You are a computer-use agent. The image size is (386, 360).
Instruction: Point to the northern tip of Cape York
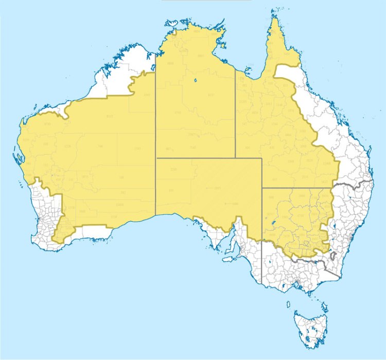[x=276, y=19]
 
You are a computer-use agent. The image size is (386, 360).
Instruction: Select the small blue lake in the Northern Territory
[x=196, y=80]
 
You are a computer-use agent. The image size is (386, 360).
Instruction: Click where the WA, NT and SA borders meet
[x=156, y=158]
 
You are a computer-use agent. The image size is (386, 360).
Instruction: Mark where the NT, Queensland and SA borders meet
[x=235, y=158]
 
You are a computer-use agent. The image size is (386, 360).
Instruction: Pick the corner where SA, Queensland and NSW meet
[x=262, y=188]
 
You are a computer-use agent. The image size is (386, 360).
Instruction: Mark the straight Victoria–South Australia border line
[x=261, y=262]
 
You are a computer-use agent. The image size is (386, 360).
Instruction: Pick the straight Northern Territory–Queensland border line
[x=235, y=113]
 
